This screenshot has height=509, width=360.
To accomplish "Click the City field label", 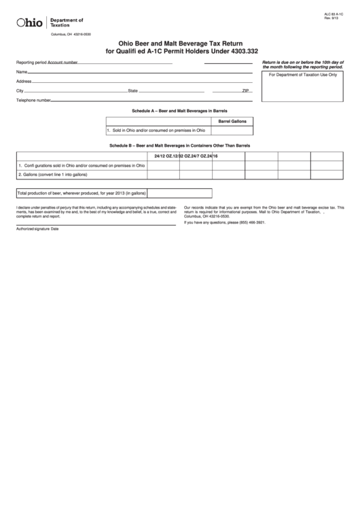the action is [x=20, y=90].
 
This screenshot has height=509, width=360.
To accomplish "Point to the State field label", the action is [x=133, y=90].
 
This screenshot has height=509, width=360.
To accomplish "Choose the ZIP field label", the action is [x=246, y=90].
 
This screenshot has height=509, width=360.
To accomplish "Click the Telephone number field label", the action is [x=34, y=100].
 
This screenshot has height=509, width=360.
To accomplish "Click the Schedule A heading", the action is [x=179, y=110].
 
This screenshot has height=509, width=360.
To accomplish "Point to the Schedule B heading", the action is [x=179, y=145].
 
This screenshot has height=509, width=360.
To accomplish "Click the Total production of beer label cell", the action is [x=82, y=193].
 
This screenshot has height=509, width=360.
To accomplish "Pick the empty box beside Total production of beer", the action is [x=179, y=193].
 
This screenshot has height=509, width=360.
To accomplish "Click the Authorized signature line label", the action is [x=38, y=229].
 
